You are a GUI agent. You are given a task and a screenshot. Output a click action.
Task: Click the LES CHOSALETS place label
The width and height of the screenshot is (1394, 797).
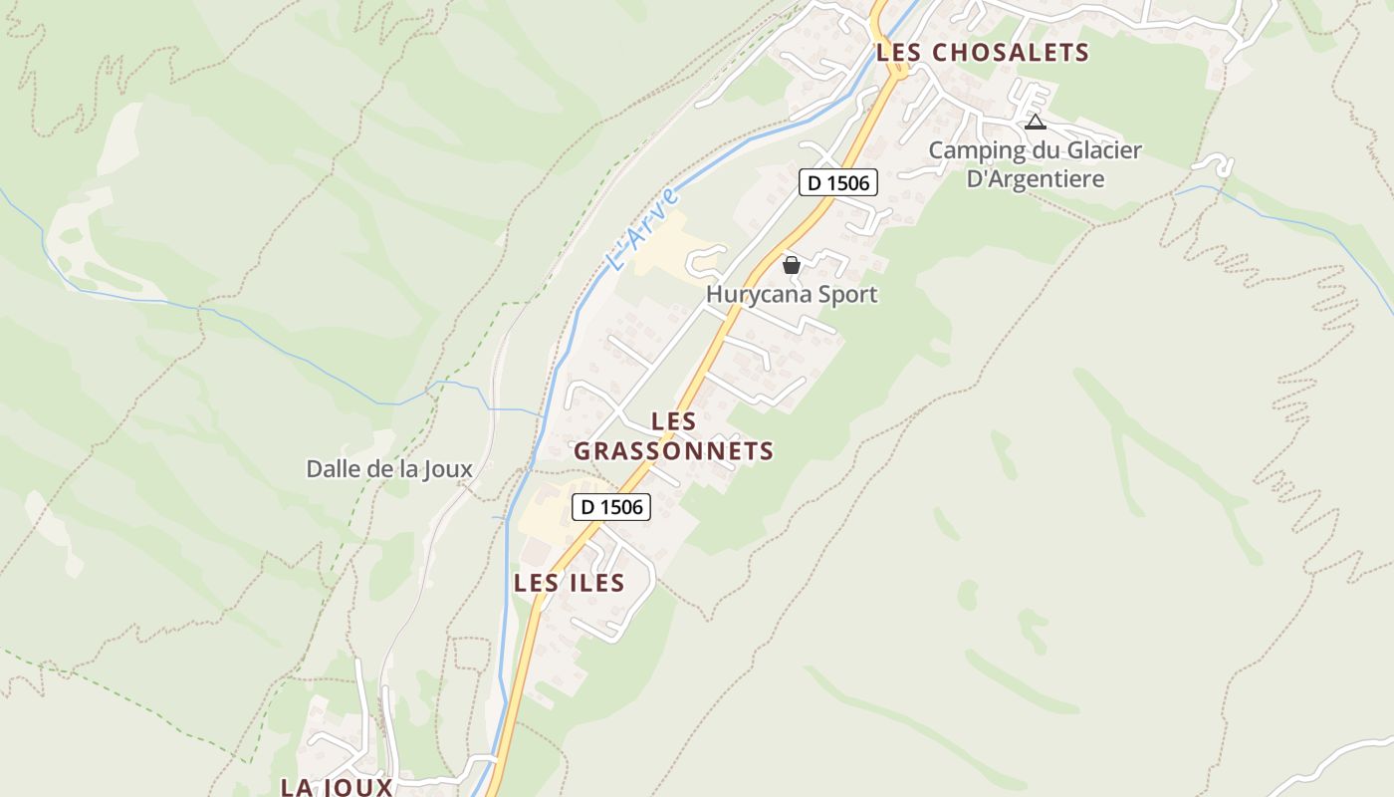[982, 53]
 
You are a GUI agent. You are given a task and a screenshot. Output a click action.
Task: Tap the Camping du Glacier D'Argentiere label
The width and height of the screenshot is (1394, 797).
[1036, 164]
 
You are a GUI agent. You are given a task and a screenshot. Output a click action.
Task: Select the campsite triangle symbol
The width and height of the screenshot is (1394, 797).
[1036, 123]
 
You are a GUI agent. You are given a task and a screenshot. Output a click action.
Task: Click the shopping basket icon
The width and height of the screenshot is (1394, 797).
[792, 265]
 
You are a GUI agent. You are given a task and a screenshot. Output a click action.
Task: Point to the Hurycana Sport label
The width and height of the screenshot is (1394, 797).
[792, 294]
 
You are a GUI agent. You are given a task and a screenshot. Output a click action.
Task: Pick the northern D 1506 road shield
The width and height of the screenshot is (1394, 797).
[837, 183]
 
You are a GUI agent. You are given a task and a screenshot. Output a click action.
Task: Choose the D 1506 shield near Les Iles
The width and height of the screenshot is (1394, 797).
[611, 507]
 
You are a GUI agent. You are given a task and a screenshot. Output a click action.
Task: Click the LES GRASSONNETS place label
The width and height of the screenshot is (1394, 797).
[674, 436]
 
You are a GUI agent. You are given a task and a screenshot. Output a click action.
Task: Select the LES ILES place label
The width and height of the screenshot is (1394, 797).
[569, 583]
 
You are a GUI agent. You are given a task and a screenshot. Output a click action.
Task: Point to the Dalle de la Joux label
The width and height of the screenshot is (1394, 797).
[388, 468]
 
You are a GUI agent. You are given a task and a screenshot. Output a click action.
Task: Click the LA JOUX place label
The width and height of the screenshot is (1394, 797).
[337, 787]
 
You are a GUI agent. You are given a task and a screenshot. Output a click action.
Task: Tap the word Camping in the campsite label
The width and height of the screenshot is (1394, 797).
[977, 150]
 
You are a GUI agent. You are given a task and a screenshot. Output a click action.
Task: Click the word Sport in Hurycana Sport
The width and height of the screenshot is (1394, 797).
[846, 294]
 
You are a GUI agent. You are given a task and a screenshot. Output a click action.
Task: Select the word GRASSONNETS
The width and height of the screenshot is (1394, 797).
[674, 451]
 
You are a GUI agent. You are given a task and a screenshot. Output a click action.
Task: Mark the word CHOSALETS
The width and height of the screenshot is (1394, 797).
[1010, 53]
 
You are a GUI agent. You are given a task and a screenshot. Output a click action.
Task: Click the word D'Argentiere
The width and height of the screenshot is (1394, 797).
[1036, 179]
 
